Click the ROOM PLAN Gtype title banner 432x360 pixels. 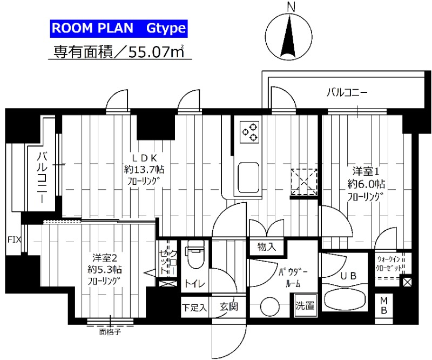(119, 28)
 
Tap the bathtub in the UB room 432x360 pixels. (345, 301)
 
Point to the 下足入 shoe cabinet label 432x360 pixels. (193, 308)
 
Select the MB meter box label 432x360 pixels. (384, 306)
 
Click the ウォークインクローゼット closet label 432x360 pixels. (390, 263)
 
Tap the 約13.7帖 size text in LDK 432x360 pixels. (144, 169)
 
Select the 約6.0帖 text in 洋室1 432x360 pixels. (366, 183)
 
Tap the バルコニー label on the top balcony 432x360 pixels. (347, 92)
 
